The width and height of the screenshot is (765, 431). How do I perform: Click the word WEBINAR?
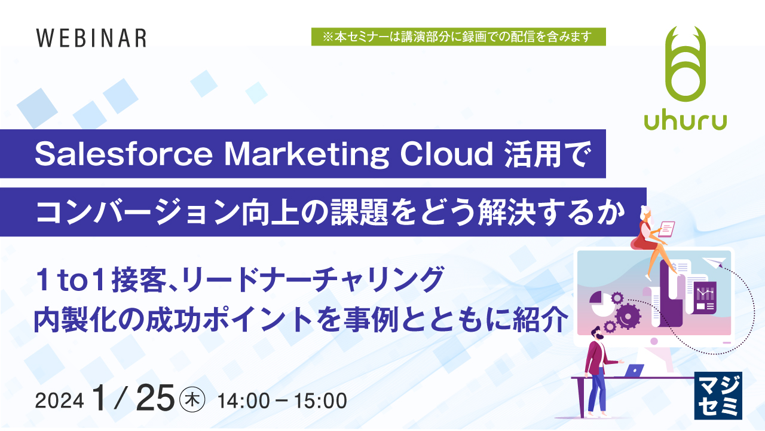91,38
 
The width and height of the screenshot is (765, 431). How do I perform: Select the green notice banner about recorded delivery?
458,37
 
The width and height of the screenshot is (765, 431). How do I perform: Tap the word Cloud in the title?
446,154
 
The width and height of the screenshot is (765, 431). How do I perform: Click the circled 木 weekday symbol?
192,399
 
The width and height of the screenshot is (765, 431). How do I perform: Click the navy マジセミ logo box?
718,395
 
